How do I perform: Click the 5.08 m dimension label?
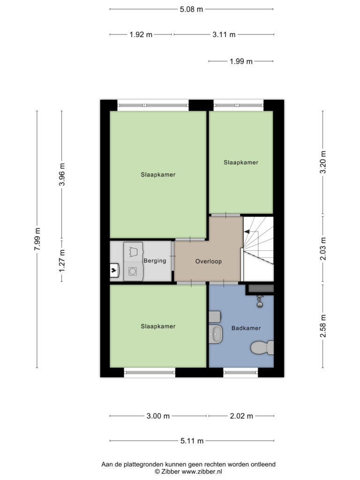click(191, 9)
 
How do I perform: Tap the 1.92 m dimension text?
click(141, 35)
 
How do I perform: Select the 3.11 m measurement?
click(224, 35)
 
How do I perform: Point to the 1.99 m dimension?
click(241, 61)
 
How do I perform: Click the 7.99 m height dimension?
click(37, 239)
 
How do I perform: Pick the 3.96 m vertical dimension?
click(62, 174)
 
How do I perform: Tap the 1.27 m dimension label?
click(62, 261)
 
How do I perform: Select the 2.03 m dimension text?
click(323, 248)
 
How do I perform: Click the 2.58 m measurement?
click(323, 326)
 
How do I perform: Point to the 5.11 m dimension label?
click(192, 441)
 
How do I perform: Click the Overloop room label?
click(209, 262)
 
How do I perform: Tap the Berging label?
click(155, 261)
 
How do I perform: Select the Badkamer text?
click(246, 328)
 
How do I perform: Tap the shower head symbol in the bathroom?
click(260, 301)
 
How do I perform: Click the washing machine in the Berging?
click(133, 271)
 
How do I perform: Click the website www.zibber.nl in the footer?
click(202, 472)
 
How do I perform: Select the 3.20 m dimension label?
click(323, 162)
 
